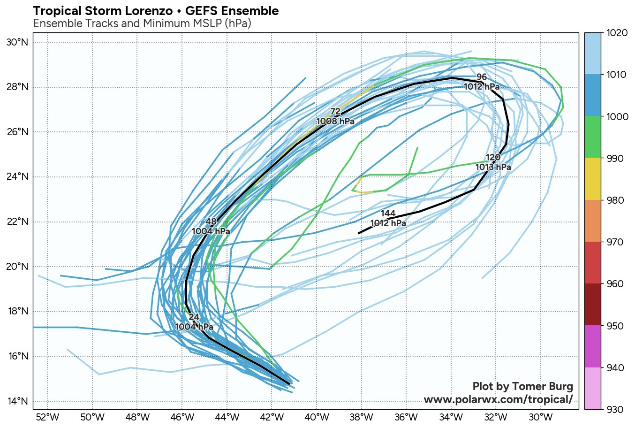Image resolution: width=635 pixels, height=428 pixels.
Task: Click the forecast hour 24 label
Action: (x=194, y=317)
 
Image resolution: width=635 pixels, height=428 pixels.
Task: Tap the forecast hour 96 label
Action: (x=481, y=77)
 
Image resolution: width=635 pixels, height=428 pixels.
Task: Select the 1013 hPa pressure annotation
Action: (x=493, y=167)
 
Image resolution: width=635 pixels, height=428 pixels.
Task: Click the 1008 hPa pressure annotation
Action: (x=335, y=122)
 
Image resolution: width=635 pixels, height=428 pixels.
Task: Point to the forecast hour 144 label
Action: (x=388, y=214)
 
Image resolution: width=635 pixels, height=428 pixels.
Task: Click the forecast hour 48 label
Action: (x=211, y=222)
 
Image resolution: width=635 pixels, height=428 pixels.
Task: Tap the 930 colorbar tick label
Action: (x=615, y=409)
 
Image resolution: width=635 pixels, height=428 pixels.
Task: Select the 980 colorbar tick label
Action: (x=615, y=200)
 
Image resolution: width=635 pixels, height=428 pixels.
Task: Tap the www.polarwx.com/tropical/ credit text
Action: (x=498, y=400)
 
